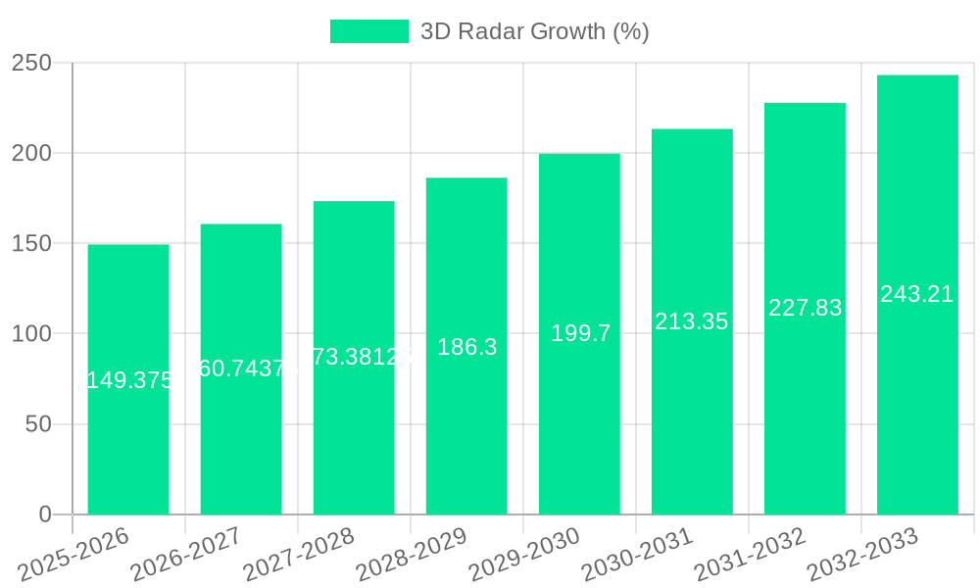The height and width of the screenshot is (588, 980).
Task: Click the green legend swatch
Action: tap(368, 31)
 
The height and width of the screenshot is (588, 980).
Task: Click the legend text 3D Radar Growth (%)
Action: tap(534, 31)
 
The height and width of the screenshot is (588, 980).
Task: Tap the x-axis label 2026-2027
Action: tap(186, 555)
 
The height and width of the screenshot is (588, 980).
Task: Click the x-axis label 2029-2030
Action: tap(524, 555)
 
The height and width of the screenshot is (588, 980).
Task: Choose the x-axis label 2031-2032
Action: tap(750, 555)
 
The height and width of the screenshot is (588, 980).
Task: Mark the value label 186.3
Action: tap(466, 347)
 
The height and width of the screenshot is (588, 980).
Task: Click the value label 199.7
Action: tap(580, 333)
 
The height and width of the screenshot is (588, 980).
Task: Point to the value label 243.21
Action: tap(917, 294)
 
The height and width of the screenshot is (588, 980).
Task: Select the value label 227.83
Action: tap(805, 308)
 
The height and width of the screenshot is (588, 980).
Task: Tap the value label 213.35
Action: tap(692, 321)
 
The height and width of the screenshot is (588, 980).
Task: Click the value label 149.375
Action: tap(129, 380)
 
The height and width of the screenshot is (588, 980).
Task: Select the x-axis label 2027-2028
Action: tap(299, 555)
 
